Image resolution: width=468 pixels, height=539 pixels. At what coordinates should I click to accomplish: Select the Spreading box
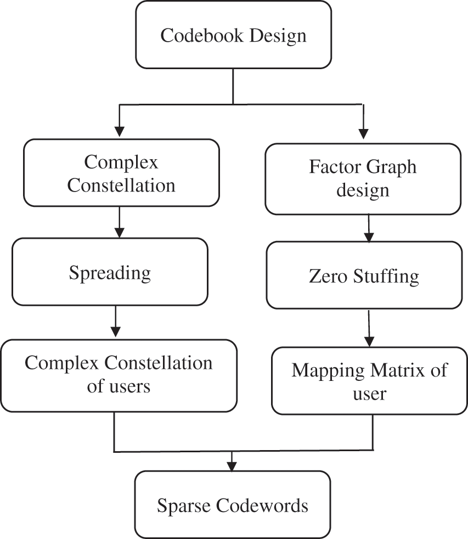click(110, 272)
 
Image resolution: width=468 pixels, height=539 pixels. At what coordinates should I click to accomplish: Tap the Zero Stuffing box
click(364, 275)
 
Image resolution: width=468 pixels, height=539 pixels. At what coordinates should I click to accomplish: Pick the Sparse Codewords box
click(233, 505)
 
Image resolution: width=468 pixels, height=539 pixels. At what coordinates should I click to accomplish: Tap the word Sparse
click(184, 506)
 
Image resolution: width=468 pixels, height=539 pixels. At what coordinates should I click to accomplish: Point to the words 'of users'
click(119, 386)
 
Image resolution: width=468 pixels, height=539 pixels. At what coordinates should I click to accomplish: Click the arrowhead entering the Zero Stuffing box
click(369, 237)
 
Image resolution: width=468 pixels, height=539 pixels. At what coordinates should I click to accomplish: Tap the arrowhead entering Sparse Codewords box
click(233, 466)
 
